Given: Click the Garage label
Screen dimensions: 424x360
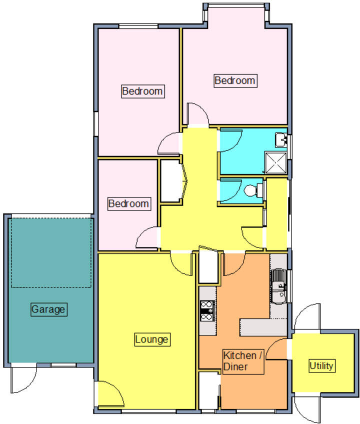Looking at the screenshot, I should point(48,309).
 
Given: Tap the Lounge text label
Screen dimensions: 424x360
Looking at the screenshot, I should point(152,339).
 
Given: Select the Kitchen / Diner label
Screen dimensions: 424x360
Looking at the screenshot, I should point(242,361).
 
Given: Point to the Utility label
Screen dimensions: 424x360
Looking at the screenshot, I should point(321,365).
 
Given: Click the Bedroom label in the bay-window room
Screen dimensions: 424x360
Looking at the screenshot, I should point(235,80).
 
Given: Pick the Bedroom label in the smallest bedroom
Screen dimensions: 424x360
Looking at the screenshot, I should point(129,203).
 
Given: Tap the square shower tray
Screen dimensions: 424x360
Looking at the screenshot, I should point(275,162).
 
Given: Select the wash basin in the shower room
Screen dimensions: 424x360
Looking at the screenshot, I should point(280,138).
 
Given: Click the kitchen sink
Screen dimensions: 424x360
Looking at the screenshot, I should point(278,286).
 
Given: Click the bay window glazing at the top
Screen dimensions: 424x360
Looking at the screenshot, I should point(235,6).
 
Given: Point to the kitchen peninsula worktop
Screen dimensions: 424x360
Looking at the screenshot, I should point(264,327).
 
